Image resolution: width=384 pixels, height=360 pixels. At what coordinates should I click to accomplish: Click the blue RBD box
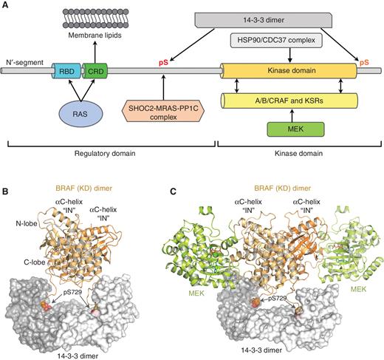tap(64, 72)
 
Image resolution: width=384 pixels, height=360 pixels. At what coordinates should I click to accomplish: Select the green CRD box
tap(94, 72)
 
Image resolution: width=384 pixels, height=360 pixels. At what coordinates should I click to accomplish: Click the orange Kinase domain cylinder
tap(291, 72)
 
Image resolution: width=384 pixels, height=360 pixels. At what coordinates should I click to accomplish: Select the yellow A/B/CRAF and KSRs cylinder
tap(289, 100)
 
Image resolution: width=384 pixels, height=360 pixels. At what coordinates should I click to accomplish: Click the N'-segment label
tap(23, 60)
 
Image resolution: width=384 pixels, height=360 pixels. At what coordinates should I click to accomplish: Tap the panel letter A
tap(6, 5)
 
